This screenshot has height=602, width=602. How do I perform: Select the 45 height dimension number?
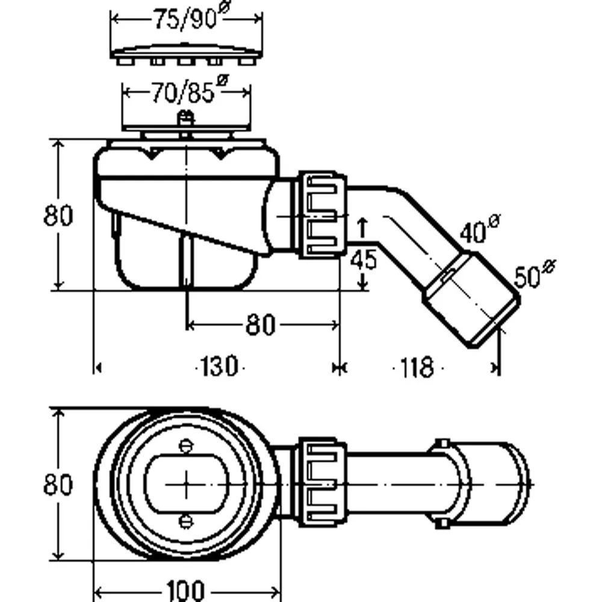(364, 259)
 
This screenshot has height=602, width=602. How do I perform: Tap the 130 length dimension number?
(219, 366)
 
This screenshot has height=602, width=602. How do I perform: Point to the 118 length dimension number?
(417, 367)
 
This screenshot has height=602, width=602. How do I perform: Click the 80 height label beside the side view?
(58, 215)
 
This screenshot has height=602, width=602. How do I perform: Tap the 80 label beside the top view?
(58, 484)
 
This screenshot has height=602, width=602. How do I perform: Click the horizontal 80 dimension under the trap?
(260, 325)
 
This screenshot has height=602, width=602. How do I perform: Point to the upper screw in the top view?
(186, 445)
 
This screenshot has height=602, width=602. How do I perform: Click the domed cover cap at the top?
(186, 53)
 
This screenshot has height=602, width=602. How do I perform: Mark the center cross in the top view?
(186, 485)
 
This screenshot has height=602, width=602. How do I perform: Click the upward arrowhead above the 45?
(363, 223)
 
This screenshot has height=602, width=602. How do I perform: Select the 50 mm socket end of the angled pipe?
(471, 299)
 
